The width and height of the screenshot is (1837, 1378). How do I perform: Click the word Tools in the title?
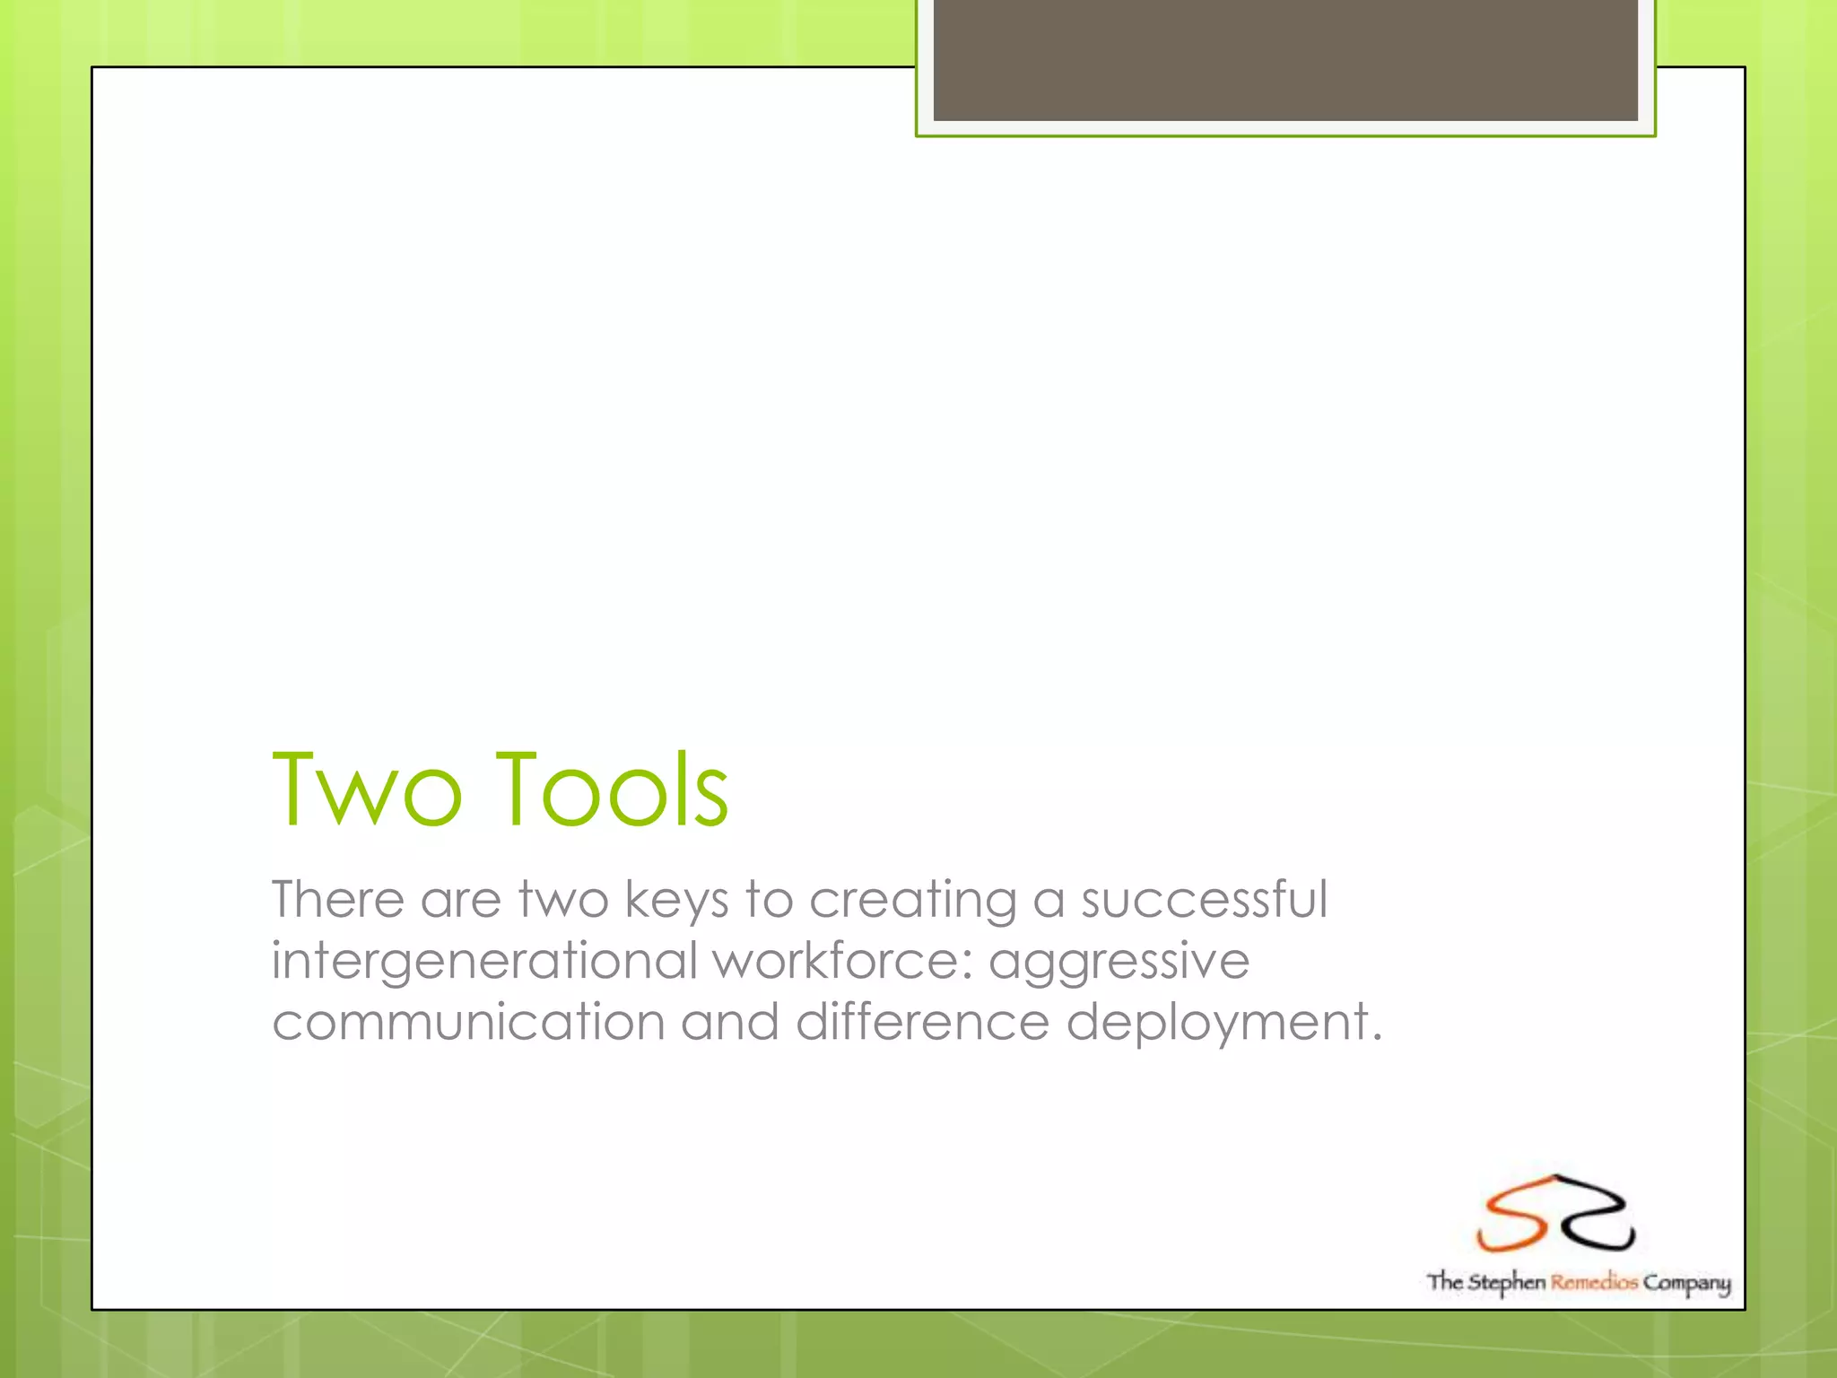pos(612,789)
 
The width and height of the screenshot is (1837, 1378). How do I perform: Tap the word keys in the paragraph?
pos(676,901)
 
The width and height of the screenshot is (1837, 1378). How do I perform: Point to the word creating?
pos(912,901)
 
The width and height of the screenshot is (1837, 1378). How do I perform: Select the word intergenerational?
pos(484,962)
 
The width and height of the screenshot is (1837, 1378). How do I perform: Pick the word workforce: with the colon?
pos(843,960)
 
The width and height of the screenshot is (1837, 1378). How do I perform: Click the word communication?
pos(468,1022)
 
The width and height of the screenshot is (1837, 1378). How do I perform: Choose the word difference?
pos(922,1021)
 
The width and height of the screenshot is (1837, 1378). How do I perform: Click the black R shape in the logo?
pos(1595,1213)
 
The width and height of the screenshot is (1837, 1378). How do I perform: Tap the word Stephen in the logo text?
pos(1507,1283)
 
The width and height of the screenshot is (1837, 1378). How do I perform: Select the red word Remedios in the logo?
pos(1594,1282)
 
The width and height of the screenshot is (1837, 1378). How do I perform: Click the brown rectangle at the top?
pos(1284,59)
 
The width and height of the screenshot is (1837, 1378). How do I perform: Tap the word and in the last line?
pos(729,1021)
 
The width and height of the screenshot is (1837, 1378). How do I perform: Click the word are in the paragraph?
pos(460,901)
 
